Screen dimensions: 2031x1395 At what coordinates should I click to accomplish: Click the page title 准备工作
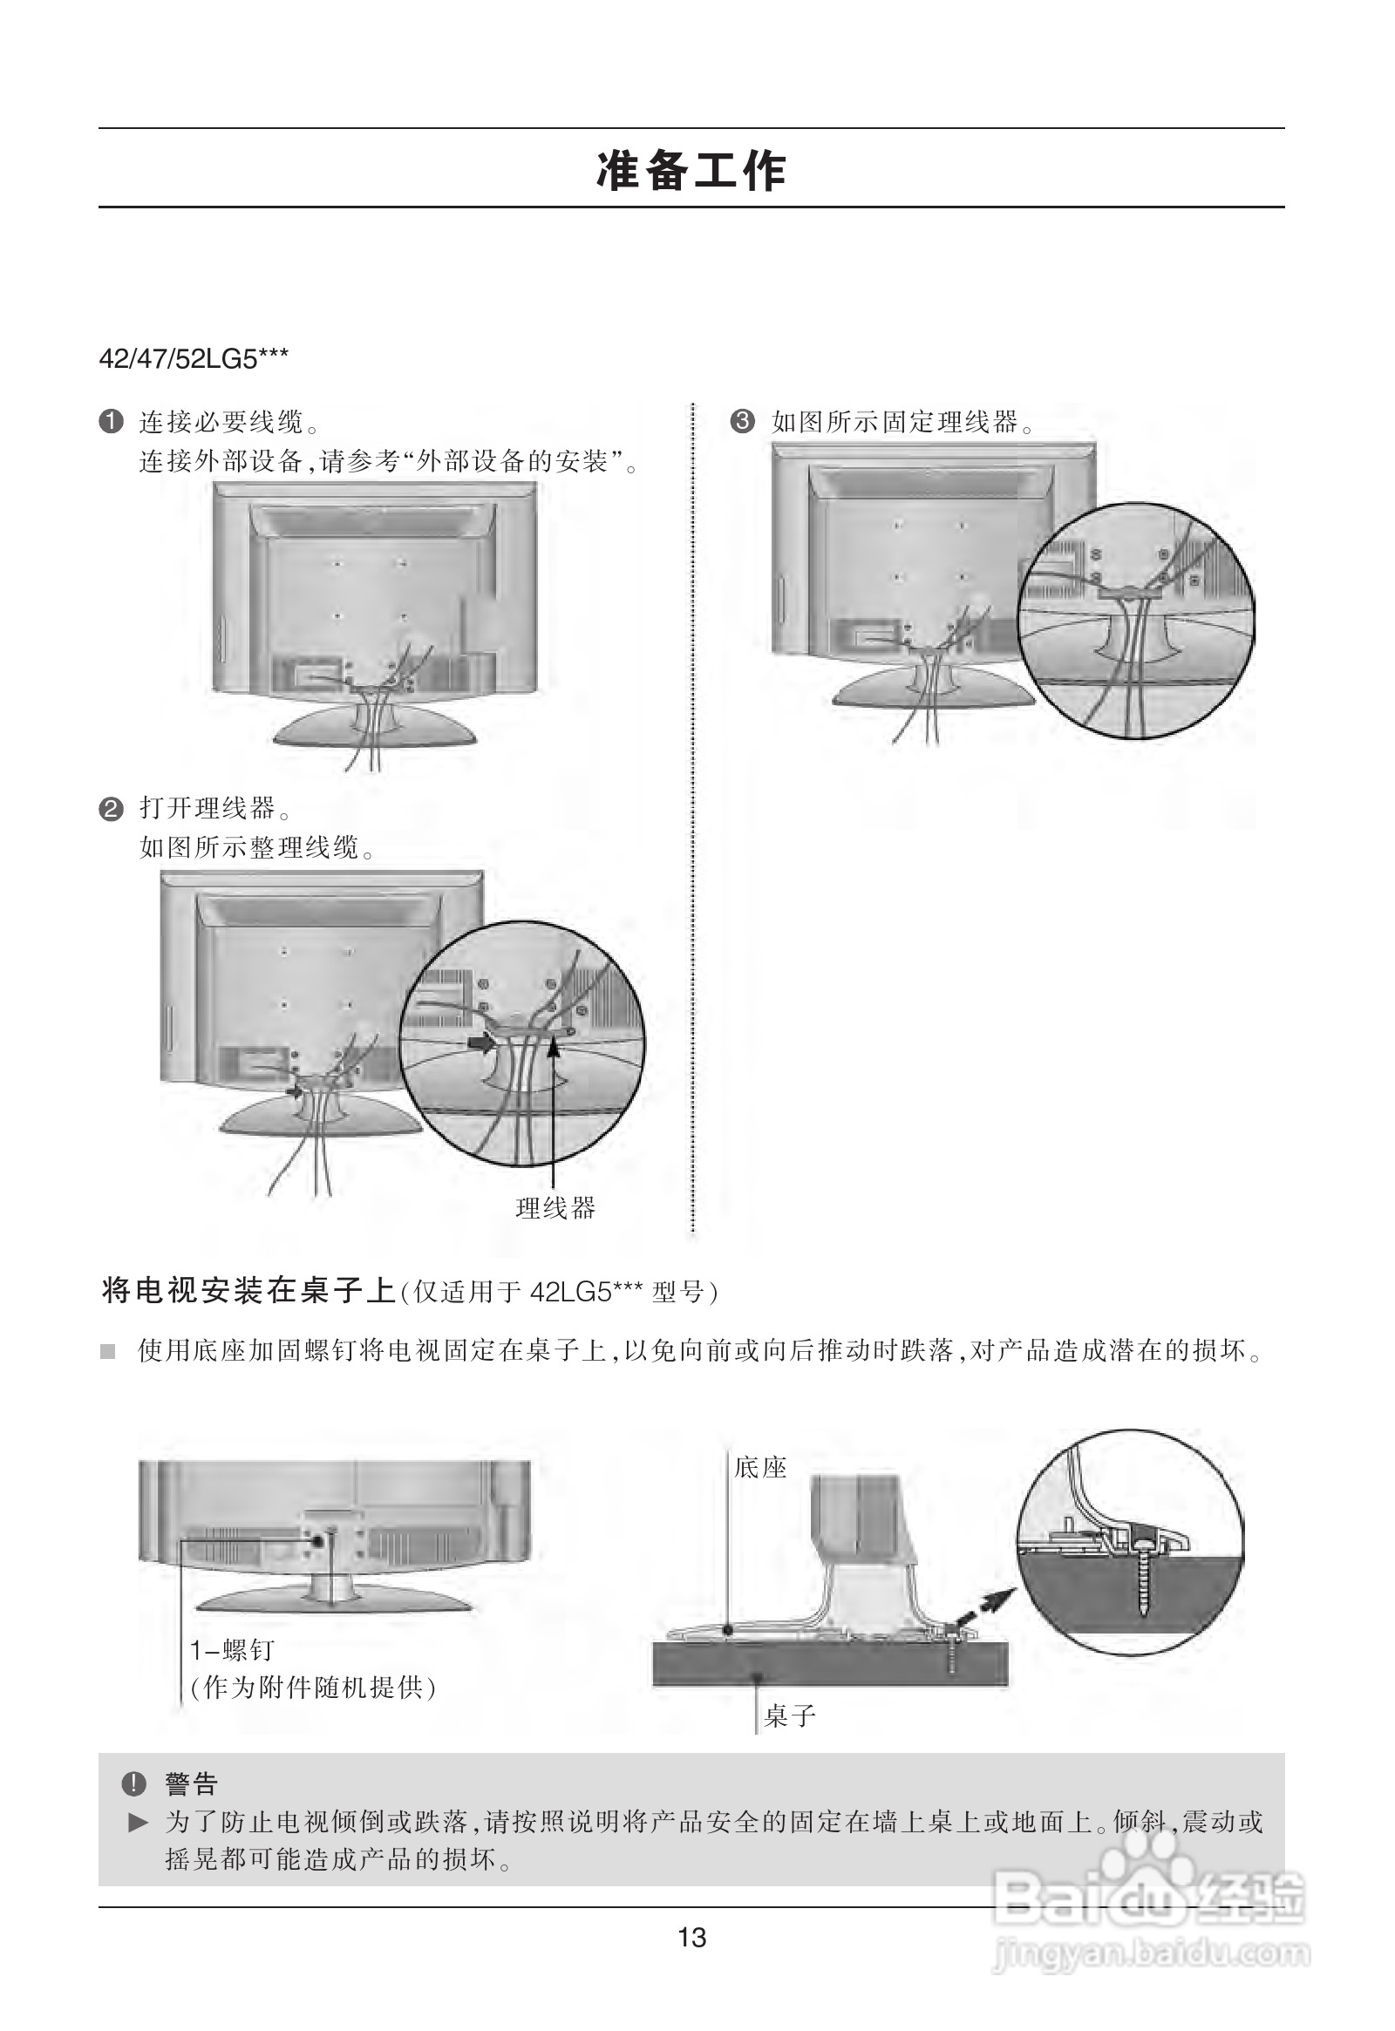coord(691,170)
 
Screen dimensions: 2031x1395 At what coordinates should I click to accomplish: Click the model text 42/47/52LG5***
coord(194,359)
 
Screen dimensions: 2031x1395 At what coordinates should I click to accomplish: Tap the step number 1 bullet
coord(111,423)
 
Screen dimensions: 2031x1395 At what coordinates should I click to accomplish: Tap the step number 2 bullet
coord(111,809)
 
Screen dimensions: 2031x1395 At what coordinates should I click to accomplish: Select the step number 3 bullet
coord(741,423)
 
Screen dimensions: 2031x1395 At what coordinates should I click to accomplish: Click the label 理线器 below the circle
coord(555,1209)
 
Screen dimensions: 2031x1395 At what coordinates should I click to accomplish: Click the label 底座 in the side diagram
coord(760,1467)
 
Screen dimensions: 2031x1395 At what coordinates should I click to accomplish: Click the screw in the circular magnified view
coord(1142,1588)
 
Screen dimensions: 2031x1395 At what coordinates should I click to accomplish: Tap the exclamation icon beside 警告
coord(134,1783)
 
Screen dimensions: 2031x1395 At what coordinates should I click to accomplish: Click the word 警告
coord(192,1783)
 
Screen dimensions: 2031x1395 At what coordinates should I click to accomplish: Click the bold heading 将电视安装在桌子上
coord(249,1291)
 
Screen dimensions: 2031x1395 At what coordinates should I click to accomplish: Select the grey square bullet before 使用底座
coord(108,1352)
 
